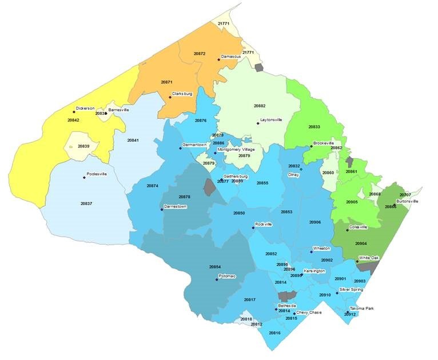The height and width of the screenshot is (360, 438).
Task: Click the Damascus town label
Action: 231,58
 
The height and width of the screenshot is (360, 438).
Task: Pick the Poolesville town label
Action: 97,174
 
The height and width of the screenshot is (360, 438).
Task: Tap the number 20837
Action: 86,203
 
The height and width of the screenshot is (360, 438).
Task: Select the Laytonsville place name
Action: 272,120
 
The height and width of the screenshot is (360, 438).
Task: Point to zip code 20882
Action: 260,106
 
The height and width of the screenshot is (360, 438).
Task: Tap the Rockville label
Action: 264,225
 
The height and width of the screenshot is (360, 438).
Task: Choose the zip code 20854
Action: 215,267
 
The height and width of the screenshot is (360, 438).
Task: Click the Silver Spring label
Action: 351,290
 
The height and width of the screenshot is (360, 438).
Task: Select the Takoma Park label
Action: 361,309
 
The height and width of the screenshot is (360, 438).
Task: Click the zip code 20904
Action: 361,243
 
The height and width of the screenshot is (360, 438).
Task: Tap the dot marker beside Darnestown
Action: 162,210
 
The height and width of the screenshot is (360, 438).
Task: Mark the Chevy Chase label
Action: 309,313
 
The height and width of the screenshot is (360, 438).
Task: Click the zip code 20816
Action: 274,333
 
